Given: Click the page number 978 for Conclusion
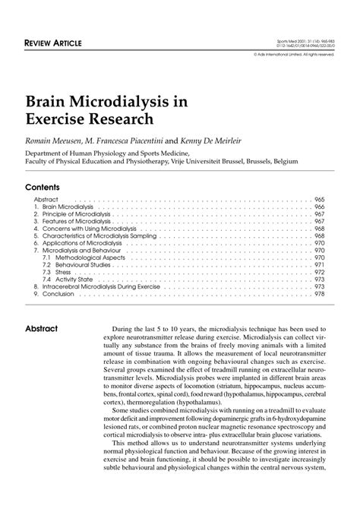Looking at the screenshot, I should tap(319, 294).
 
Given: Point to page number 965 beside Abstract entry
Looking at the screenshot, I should tap(319, 199).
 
